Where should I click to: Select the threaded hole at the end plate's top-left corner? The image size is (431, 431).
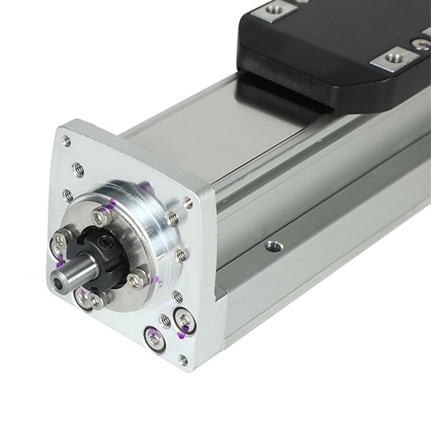(x=67, y=141)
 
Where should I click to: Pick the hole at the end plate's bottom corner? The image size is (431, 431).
(x=183, y=360)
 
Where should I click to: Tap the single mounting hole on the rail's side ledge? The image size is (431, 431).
(x=273, y=246)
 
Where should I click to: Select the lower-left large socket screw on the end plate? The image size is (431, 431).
(x=154, y=339)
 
